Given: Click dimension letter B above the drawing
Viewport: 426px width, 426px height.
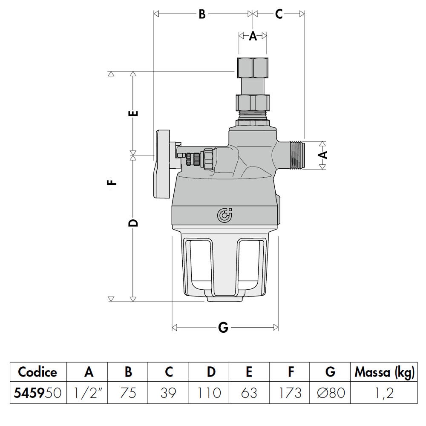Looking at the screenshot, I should (x=202, y=14).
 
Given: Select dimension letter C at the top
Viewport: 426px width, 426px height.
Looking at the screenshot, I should (x=278, y=14).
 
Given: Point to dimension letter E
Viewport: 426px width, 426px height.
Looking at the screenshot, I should (x=133, y=114).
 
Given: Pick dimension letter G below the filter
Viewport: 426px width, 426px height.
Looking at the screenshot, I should (x=223, y=328).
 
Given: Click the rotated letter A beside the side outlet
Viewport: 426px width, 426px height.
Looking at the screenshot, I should (x=324, y=154).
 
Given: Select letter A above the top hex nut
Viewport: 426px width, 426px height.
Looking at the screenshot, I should (x=253, y=36).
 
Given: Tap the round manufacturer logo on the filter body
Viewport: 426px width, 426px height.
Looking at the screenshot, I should (x=224, y=216).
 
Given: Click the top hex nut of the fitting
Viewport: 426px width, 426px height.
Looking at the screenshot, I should (x=253, y=65).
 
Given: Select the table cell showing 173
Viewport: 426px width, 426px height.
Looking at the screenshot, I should (x=291, y=392).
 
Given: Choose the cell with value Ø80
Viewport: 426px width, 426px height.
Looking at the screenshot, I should (x=330, y=392).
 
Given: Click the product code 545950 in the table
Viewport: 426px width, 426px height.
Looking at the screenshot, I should (x=37, y=392).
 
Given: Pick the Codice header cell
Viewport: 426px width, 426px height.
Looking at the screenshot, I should (x=37, y=372).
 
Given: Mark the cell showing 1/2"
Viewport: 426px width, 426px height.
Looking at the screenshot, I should (x=89, y=392).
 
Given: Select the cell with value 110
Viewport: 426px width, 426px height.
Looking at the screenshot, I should (x=211, y=392).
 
